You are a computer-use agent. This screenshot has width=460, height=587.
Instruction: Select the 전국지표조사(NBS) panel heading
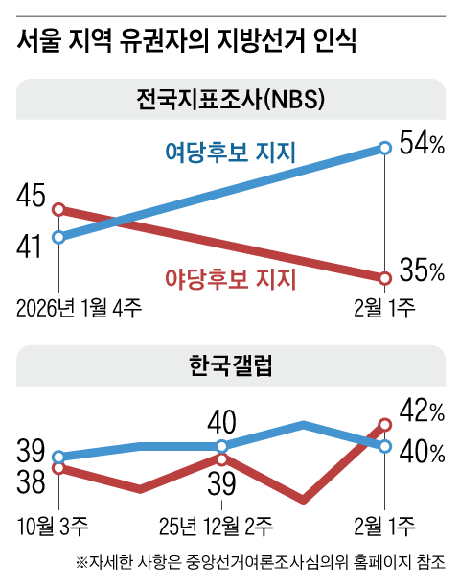229,99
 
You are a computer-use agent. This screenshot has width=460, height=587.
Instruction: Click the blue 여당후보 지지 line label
229,153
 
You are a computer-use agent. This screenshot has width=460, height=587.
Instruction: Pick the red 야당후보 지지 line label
229,278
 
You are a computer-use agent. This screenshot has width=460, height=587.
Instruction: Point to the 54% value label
422,146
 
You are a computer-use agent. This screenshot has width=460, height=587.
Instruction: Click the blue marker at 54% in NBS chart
384,148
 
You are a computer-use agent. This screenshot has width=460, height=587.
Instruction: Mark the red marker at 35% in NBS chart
384,278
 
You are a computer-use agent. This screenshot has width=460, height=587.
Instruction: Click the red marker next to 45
58,209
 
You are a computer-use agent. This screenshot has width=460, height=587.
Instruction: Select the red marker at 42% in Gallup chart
384,424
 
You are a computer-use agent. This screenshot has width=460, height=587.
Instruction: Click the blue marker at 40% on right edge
384,446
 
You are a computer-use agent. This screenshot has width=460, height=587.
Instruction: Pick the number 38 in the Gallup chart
32,481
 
